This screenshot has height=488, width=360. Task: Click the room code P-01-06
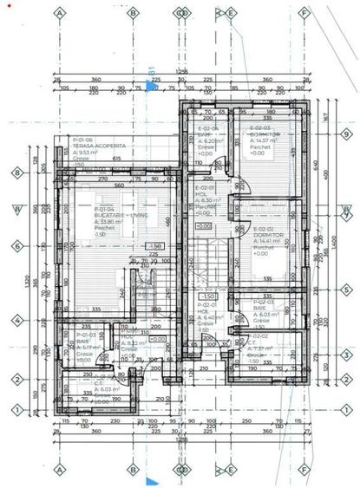pyautogui.click(x=83, y=140)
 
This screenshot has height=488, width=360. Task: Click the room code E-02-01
pyautogui.click(x=205, y=188)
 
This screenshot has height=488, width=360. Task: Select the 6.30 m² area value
pyautogui.click(x=206, y=200)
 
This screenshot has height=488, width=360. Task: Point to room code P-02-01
pyautogui.click(x=206, y=305)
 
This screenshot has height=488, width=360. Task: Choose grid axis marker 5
pyautogui.click(x=346, y=290)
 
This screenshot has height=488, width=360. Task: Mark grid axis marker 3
pyautogui.click(x=346, y=355)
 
